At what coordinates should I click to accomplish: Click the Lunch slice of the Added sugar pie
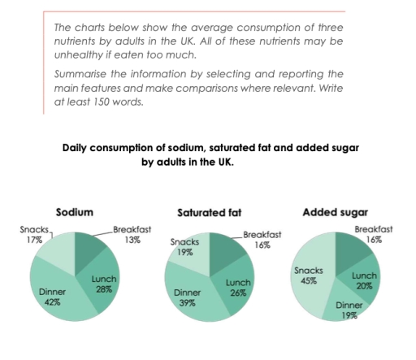coord(362,280)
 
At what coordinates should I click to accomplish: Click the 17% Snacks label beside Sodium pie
coord(33,241)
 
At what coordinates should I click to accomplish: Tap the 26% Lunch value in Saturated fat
coord(237,293)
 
